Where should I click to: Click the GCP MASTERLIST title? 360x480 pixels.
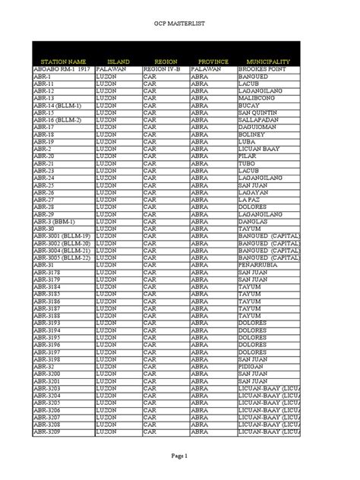coord(180,24)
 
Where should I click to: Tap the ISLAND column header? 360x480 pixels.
coord(118,60)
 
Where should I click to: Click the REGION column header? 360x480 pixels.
coord(166,60)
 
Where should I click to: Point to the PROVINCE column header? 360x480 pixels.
coord(213,60)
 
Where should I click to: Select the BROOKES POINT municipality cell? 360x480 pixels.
coord(263,68)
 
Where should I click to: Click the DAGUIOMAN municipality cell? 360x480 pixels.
coord(259,127)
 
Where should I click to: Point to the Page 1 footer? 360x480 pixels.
coord(179,453)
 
